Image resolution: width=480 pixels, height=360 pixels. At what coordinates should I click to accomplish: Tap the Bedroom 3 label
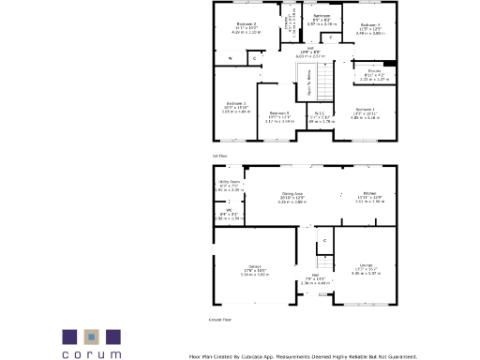236,103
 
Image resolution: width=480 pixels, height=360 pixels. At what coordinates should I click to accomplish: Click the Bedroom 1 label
366,110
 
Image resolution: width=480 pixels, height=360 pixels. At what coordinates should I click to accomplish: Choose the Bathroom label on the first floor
322,16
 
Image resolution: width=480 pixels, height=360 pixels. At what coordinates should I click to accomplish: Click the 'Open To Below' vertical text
309,89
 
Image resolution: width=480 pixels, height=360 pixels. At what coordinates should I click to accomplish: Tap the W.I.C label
322,113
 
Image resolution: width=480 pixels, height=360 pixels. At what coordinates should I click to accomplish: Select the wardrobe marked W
230,59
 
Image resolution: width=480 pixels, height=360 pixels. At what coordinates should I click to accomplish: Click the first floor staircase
323,87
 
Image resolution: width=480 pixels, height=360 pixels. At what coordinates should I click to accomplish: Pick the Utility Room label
230,182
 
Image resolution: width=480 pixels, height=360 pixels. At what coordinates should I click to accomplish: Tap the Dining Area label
293,194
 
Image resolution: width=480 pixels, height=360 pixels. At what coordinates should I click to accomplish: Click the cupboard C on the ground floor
324,241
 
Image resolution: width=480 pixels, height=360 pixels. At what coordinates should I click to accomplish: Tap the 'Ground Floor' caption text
221,319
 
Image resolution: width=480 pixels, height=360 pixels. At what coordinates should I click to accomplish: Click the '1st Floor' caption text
219,155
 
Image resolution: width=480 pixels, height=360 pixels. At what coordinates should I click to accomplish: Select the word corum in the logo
92,354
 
